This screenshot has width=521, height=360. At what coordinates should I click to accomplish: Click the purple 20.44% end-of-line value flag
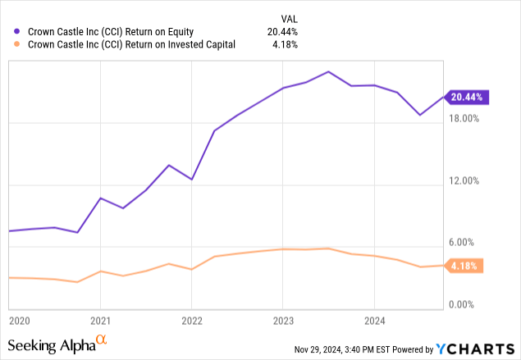tap(466, 97)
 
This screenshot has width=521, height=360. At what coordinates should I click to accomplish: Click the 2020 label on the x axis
tap(18, 321)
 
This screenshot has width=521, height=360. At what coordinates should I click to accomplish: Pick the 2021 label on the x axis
tap(100, 321)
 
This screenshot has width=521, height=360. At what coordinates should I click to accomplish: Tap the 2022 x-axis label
tap(191, 321)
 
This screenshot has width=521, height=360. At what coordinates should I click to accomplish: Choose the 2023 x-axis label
tap(283, 321)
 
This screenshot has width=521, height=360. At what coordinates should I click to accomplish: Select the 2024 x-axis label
tap(374, 321)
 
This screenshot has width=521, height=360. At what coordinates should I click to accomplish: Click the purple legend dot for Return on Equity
tap(17, 32)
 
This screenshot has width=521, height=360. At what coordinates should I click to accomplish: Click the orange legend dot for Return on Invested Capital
tap(17, 45)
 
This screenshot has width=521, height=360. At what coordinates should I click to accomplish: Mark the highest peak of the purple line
tap(328, 71)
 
